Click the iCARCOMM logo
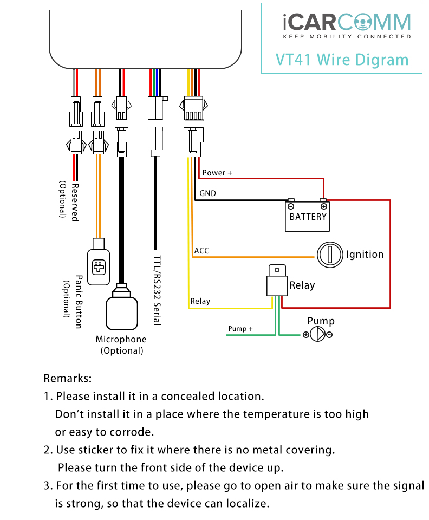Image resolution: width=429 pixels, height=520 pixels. (x=347, y=26)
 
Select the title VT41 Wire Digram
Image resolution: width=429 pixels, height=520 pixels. (x=342, y=60)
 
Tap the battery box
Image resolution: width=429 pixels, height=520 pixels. (x=307, y=216)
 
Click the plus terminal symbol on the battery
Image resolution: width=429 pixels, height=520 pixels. (x=324, y=206)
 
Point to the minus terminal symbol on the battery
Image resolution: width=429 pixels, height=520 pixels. (x=291, y=206)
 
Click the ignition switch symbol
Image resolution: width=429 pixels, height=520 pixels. (x=330, y=255)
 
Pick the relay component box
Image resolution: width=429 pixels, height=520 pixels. (x=277, y=280)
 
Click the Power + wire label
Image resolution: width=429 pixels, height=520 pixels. (x=217, y=173)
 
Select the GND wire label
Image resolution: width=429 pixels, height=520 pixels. (x=208, y=193)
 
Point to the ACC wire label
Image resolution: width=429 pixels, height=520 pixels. (x=201, y=251)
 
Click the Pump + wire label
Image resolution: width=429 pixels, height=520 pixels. (x=240, y=329)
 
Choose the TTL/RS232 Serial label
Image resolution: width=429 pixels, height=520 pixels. (x=157, y=290)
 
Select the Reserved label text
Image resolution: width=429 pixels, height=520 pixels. (x=75, y=202)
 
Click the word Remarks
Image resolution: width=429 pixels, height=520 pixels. (x=68, y=378)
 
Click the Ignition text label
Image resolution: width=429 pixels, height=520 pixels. (x=365, y=255)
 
